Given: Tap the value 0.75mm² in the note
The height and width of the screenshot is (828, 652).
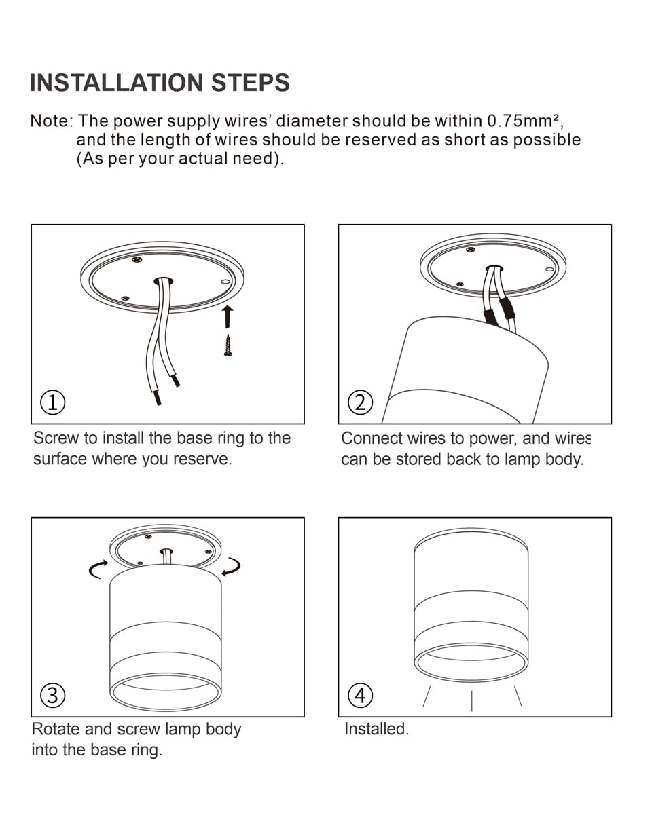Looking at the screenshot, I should pos(523,121).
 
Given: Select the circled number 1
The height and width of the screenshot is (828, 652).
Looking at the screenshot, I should pos(53,402).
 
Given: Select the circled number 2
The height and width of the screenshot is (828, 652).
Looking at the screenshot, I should pos(360,402).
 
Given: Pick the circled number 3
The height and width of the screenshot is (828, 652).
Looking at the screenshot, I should pos(53,695).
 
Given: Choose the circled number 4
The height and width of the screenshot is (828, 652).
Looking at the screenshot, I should pos(360,695).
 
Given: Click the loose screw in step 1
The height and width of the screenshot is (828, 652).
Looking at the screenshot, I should pos(228,345).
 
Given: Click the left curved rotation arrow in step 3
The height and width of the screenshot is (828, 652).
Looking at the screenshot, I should pos(98,569).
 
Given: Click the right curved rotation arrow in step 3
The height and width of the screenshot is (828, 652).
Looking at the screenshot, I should pos(232,567).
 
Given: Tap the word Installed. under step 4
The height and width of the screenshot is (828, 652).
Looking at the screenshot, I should pos(376,729).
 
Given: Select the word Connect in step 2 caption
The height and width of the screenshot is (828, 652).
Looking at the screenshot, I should pos(371,438).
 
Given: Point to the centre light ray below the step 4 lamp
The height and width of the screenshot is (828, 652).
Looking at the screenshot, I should pos(471,700).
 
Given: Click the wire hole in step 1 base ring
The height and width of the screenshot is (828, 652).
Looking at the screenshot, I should pos(163,280).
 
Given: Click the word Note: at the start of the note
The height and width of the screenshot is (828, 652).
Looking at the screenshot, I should pos(51,121).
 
